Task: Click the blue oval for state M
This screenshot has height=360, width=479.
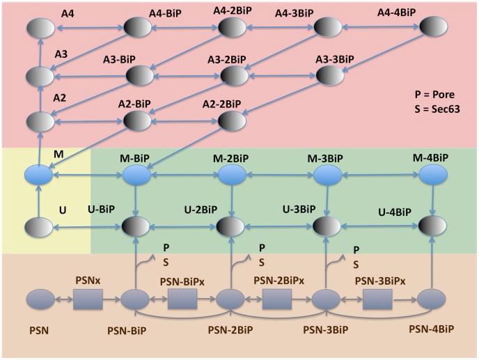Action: point(39,174)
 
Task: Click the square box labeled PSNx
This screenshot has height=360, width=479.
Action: point(88,300)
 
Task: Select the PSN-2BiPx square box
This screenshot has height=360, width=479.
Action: point(277,300)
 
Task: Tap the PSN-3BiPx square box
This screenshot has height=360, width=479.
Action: point(376,300)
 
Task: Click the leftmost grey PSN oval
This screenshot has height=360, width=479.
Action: point(40,300)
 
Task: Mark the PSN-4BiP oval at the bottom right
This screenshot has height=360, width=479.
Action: point(430,300)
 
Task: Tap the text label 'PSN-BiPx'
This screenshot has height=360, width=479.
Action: point(182,281)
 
